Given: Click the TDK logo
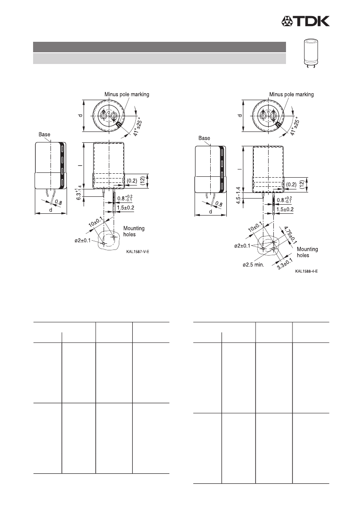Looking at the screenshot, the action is pos(305,21).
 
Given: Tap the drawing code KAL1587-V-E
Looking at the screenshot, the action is pos(138,252).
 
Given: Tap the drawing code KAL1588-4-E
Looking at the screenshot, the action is pos(306,271).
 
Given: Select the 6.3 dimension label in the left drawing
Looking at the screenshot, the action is pos(79,193).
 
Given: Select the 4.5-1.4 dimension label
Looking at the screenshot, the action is pos(239,196).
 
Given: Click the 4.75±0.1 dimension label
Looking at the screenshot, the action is pos(290,235).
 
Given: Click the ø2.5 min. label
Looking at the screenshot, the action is pos(253,265).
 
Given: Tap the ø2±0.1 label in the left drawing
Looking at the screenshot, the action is pos(82,240).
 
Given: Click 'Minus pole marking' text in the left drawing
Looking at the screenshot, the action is pos(127,94).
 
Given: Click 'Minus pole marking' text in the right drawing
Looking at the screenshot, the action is pos(292,94).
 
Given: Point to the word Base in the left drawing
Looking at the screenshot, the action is pos(44,135).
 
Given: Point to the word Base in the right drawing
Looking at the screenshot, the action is pos(204,138).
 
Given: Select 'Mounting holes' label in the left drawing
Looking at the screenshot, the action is pos(134,232).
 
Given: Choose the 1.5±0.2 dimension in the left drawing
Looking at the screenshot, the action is pos(126,207).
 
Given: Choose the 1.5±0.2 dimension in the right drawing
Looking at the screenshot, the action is pos(285,209).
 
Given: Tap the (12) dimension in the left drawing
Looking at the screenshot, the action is pos(142,181).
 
